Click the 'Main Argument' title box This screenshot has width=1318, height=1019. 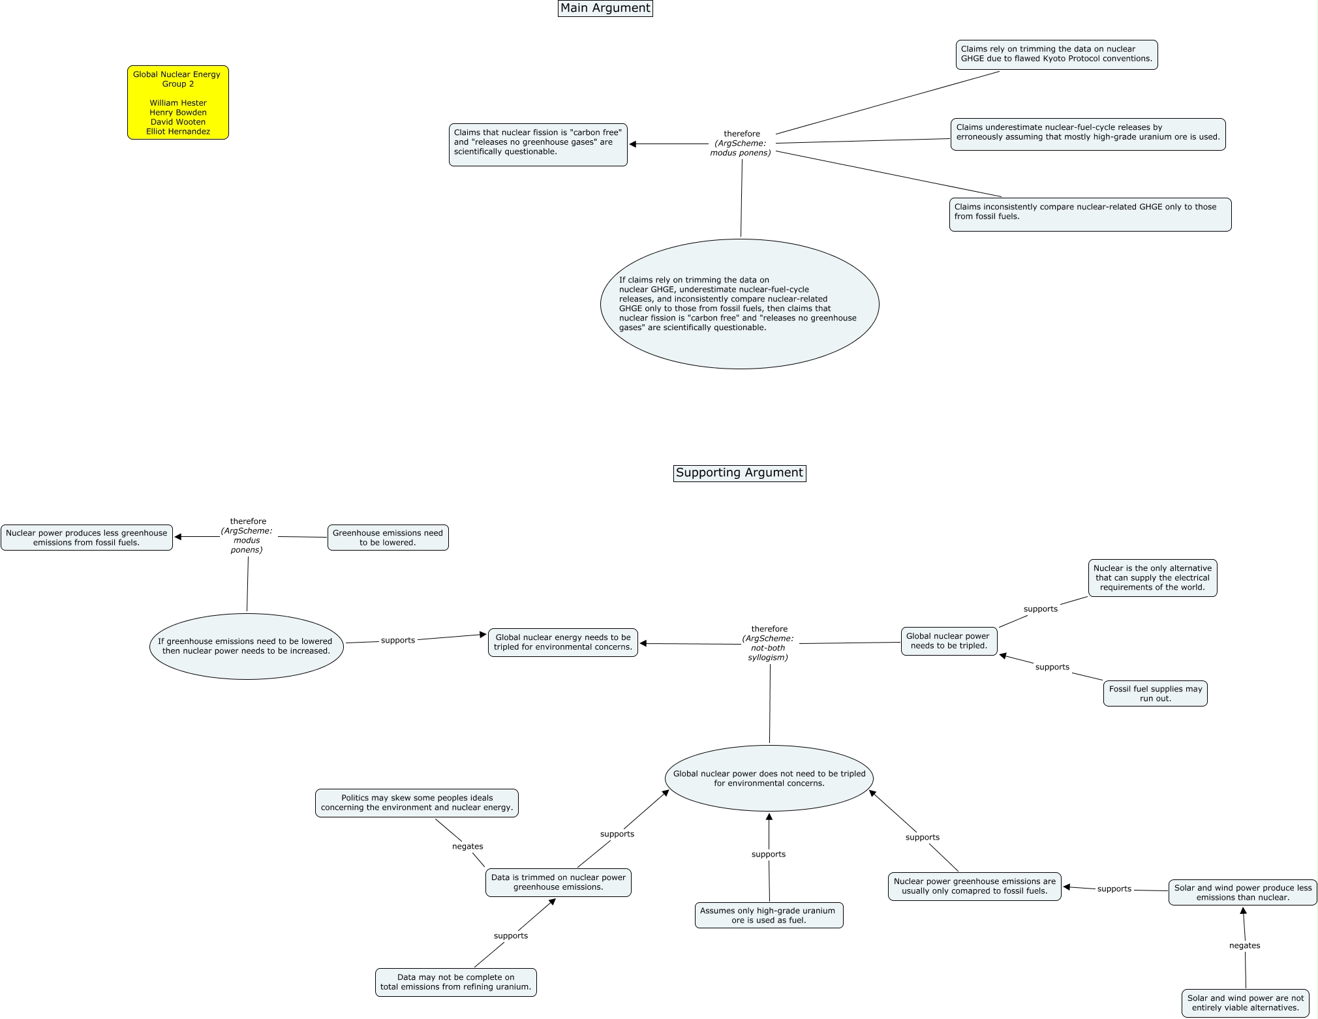pyautogui.click(x=605, y=8)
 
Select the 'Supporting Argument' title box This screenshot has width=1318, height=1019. pyautogui.click(x=739, y=473)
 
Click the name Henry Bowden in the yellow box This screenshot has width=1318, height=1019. pyautogui.click(x=178, y=112)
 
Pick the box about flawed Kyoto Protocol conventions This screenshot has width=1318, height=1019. pyautogui.click(x=1056, y=54)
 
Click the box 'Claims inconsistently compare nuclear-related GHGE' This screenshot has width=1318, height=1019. pyautogui.click(x=1090, y=213)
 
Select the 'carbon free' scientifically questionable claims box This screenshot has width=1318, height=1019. pyautogui.click(x=538, y=144)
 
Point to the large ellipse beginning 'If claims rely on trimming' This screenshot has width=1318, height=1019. pyautogui.click(x=739, y=304)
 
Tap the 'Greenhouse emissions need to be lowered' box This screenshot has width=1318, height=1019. pyautogui.click(x=388, y=538)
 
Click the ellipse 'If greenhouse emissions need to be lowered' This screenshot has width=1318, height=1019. pyautogui.click(x=246, y=646)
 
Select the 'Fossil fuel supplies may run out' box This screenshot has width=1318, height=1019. pyautogui.click(x=1155, y=693)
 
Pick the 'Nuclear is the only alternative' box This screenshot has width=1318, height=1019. pyautogui.click(x=1152, y=578)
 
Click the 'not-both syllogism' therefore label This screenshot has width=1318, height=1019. pyautogui.click(x=769, y=644)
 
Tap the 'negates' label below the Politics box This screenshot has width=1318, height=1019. pyautogui.click(x=468, y=847)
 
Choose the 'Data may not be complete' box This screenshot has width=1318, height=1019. pyautogui.click(x=455, y=982)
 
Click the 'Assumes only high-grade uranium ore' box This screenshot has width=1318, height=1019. pyautogui.click(x=769, y=915)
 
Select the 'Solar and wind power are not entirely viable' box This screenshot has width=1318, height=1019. pyautogui.click(x=1245, y=1003)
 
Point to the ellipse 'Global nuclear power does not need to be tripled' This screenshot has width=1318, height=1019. pyautogui.click(x=769, y=778)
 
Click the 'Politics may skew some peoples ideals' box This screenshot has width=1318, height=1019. pyautogui.click(x=416, y=803)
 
